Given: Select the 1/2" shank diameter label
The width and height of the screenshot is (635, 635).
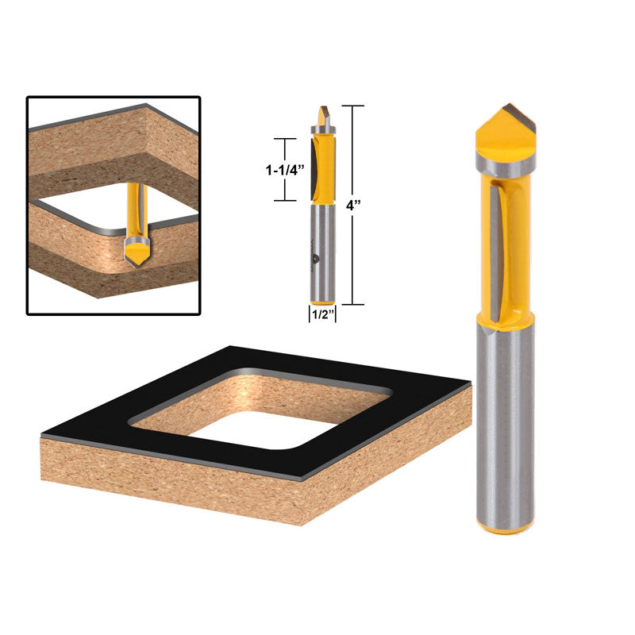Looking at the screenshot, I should coord(322,314).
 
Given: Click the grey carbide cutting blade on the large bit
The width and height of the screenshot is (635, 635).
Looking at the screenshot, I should coord(495,254).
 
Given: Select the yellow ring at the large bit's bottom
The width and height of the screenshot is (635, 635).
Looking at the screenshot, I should coord(506,526).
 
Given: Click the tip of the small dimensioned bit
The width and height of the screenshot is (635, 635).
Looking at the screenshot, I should coord(322,116).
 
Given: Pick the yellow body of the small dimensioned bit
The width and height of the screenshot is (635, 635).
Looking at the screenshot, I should coord(324,167).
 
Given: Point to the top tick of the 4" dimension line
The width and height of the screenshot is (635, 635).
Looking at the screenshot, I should coord(353,106).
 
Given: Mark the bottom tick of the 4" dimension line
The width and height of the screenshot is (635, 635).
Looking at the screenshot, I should coord(353,305).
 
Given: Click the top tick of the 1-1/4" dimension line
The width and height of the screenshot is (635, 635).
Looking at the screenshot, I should coord(285,139).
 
